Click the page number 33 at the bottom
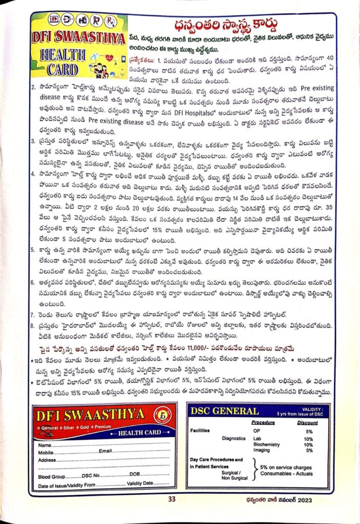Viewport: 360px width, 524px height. tap(172, 499)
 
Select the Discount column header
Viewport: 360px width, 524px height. tap(307, 423)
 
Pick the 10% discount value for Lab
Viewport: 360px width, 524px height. tap(308, 439)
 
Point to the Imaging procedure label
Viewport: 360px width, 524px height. tap(262, 450)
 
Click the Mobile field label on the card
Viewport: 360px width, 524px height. tap(46, 452)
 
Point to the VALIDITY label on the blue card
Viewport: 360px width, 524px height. tap(311, 409)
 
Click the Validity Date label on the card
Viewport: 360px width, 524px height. tap(140, 483)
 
